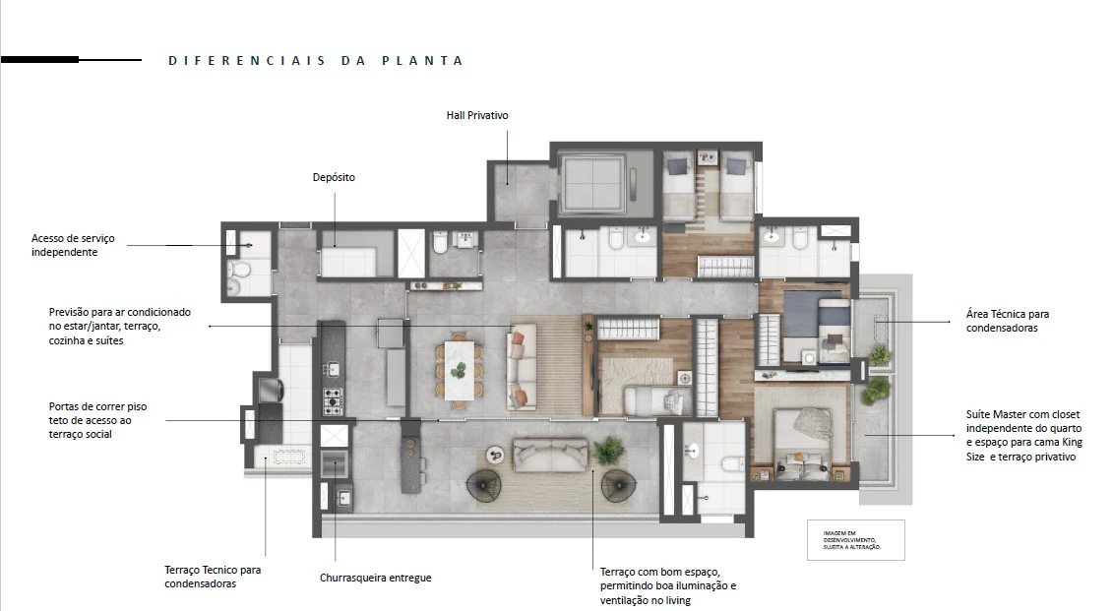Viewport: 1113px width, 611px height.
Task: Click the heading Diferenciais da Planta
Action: (x=316, y=61)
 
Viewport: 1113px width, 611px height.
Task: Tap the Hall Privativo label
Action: (x=477, y=115)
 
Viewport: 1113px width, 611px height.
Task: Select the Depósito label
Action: (x=334, y=177)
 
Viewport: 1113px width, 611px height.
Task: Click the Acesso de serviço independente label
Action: (x=73, y=245)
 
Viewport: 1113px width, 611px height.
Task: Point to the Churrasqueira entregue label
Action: (x=376, y=578)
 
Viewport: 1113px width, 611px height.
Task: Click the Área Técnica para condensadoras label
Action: (x=1008, y=321)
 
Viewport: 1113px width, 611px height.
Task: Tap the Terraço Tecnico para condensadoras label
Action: (x=213, y=577)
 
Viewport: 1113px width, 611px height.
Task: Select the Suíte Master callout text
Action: (x=1023, y=435)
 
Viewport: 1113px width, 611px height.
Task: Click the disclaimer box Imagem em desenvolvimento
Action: (x=856, y=540)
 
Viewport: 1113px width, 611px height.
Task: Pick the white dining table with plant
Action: (x=460, y=370)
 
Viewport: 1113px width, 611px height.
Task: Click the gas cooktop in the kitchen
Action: (x=333, y=401)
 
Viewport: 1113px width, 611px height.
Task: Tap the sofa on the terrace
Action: (x=550, y=455)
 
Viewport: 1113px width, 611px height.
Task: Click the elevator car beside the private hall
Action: (x=590, y=182)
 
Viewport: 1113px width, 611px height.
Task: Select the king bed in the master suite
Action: (x=802, y=442)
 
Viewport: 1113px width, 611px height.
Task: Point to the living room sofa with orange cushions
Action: (x=522, y=367)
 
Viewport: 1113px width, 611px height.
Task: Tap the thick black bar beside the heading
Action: (x=39, y=60)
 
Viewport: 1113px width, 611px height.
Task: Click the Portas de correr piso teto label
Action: (x=98, y=420)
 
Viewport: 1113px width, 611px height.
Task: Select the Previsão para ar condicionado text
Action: (x=120, y=327)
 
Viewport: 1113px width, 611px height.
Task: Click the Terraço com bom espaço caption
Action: (x=668, y=586)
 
